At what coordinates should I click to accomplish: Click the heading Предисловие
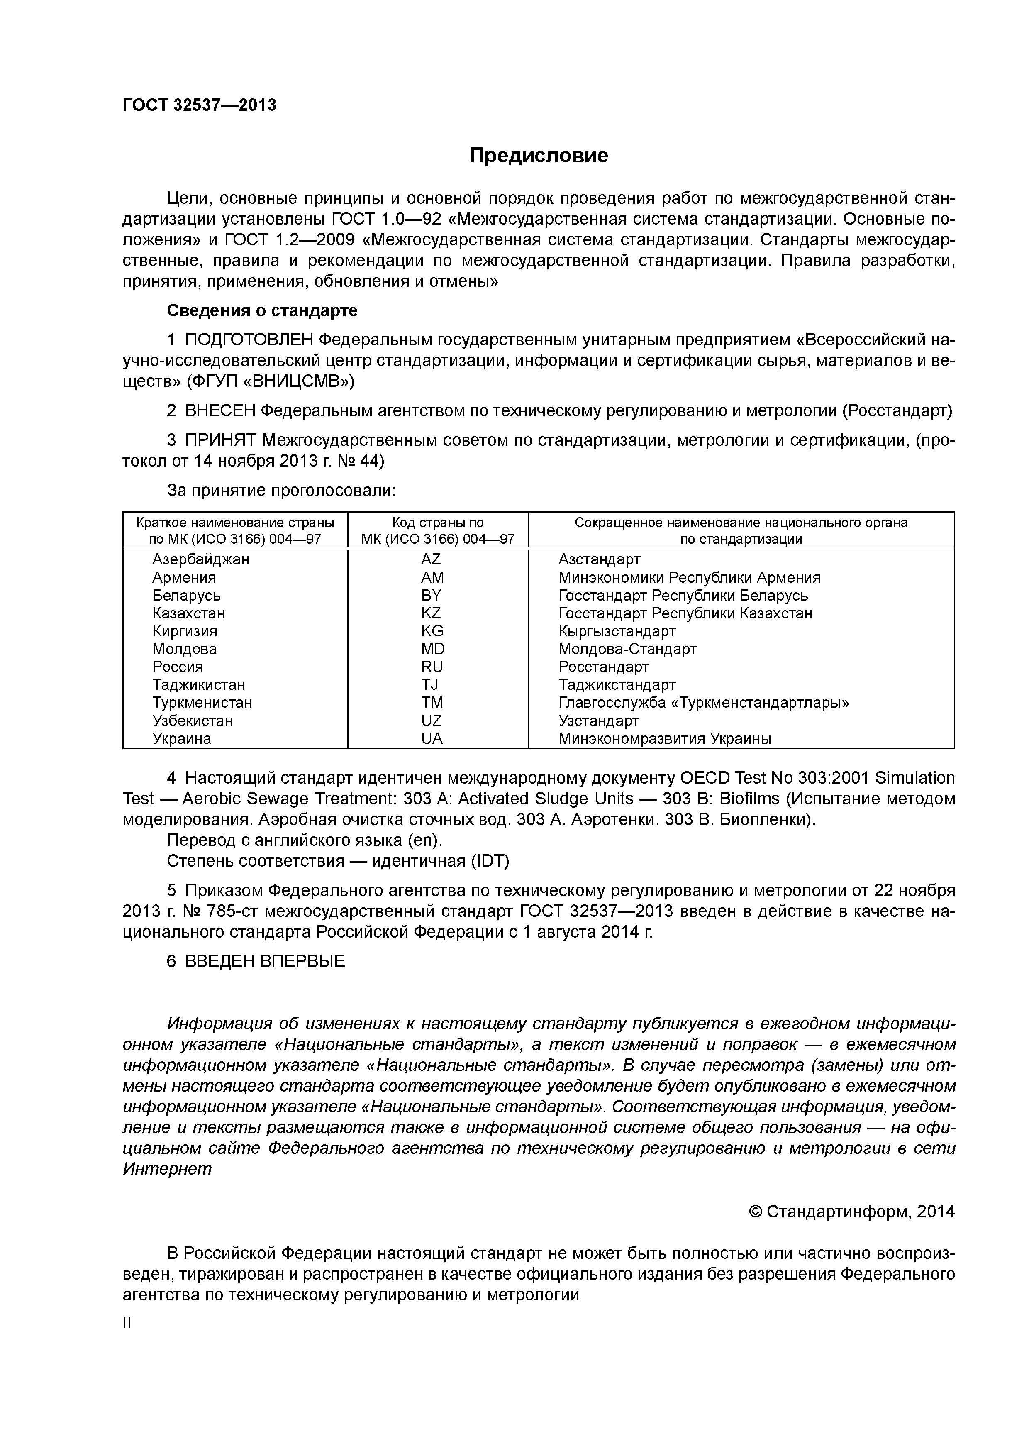538,155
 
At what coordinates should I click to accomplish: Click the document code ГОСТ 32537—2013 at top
199,105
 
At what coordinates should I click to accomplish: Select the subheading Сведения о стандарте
262,311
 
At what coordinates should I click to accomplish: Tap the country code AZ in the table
431,559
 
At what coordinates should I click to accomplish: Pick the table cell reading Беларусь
186,596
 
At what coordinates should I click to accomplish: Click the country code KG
432,631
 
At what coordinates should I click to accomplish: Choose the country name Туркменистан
202,703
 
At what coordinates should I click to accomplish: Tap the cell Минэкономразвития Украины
664,738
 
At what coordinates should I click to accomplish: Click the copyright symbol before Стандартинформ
755,1212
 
